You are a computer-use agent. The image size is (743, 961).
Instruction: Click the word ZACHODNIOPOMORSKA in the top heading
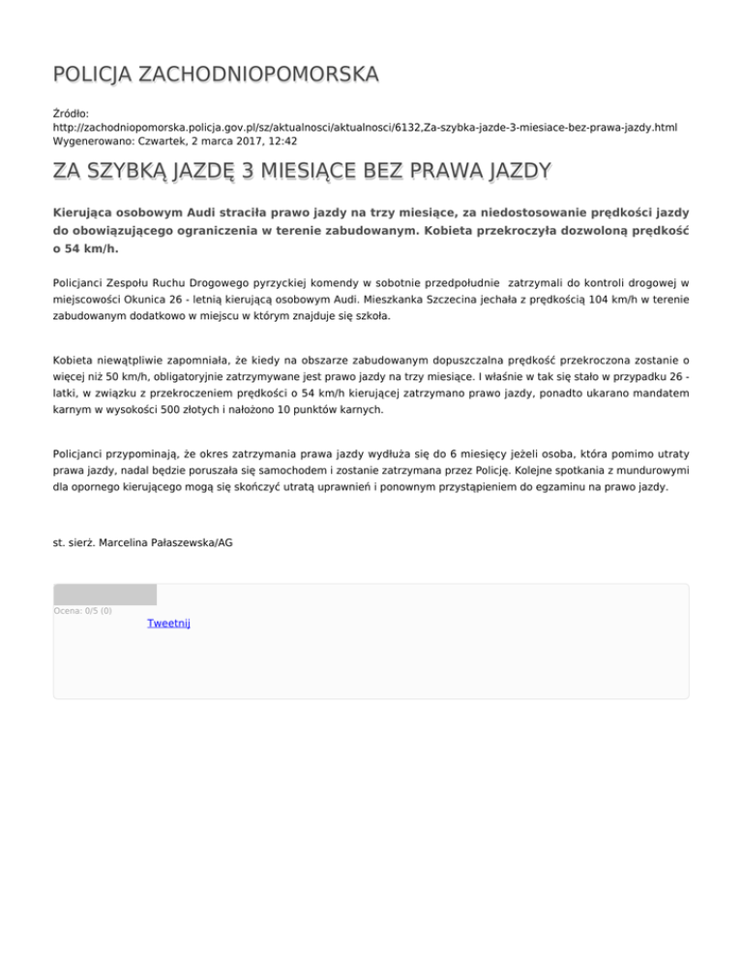[259, 74]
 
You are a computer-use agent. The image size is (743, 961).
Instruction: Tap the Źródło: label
[73, 113]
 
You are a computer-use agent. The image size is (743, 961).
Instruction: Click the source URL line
[365, 127]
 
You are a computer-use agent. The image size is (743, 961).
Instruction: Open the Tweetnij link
[168, 624]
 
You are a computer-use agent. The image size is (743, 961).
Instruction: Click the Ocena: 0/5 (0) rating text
[82, 610]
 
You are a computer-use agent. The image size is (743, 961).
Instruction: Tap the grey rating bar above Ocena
[104, 595]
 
